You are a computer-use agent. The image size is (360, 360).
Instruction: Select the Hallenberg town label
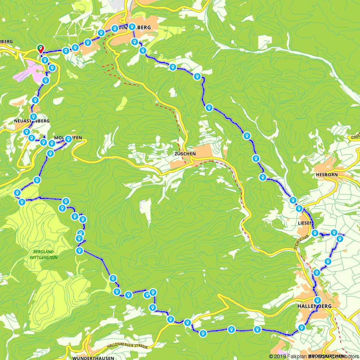314,306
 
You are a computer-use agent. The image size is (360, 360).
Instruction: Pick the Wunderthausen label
93,358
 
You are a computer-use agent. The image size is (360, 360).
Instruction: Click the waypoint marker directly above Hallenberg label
317,300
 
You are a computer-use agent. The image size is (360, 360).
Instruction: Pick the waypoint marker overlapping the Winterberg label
132,26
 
